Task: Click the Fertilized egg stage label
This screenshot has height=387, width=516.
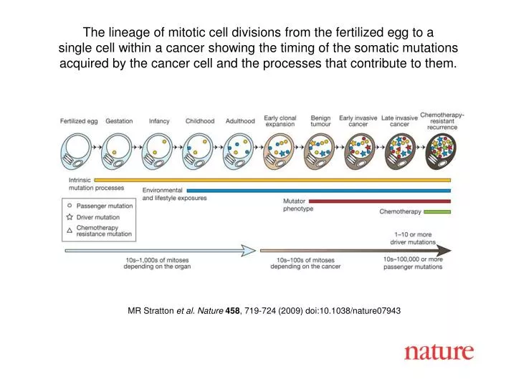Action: point(79,121)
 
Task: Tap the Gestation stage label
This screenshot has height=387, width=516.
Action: point(119,121)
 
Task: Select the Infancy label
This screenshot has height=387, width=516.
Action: point(159,121)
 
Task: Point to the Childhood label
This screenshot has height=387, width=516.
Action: point(200,121)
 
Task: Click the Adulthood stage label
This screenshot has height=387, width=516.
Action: point(240,121)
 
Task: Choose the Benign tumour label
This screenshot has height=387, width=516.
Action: point(320,121)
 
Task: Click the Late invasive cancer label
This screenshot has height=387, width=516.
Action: point(399,121)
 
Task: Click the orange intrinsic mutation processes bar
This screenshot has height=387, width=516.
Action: point(272,181)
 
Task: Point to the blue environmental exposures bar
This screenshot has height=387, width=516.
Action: point(295,191)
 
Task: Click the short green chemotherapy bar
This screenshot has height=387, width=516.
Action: point(436,211)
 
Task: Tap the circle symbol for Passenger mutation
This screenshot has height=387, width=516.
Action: point(70,206)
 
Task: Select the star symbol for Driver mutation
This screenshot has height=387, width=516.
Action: point(70,216)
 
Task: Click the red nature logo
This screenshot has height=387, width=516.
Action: point(439,351)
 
